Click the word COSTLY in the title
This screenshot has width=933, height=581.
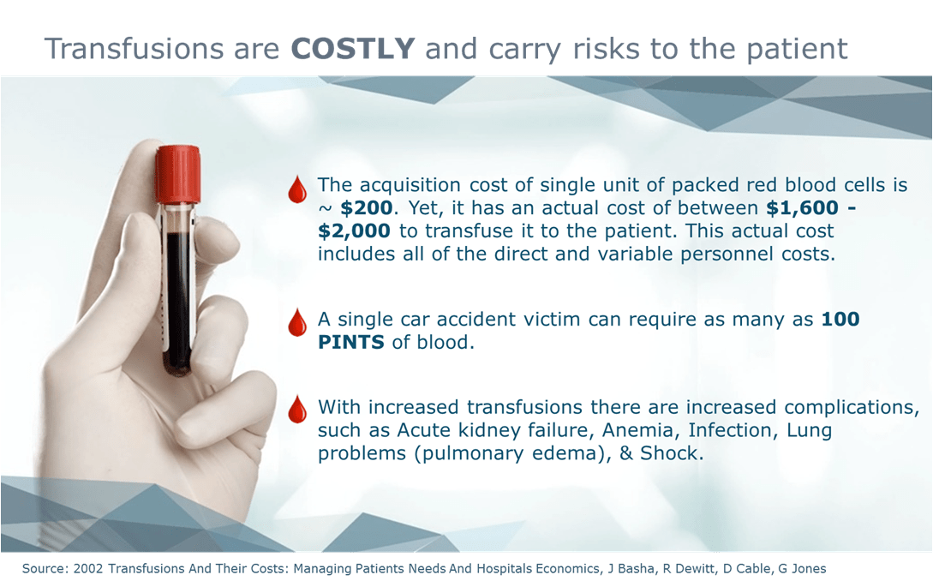coord(352,49)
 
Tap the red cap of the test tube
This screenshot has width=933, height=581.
coord(178,174)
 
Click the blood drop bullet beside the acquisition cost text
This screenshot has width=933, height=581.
coord(297,190)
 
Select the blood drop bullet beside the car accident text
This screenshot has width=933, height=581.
coord(297,323)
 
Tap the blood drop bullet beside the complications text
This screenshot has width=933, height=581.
coord(297,410)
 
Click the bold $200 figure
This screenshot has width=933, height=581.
coord(367,207)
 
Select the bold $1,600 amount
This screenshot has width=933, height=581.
coord(802,207)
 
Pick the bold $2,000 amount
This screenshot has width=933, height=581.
coord(354,231)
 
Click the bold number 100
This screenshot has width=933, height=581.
coord(840,319)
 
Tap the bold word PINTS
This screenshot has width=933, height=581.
coord(351,342)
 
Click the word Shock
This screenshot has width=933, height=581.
coord(672,453)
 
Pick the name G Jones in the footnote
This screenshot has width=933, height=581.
coord(802,568)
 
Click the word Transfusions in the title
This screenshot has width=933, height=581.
coord(135,49)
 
